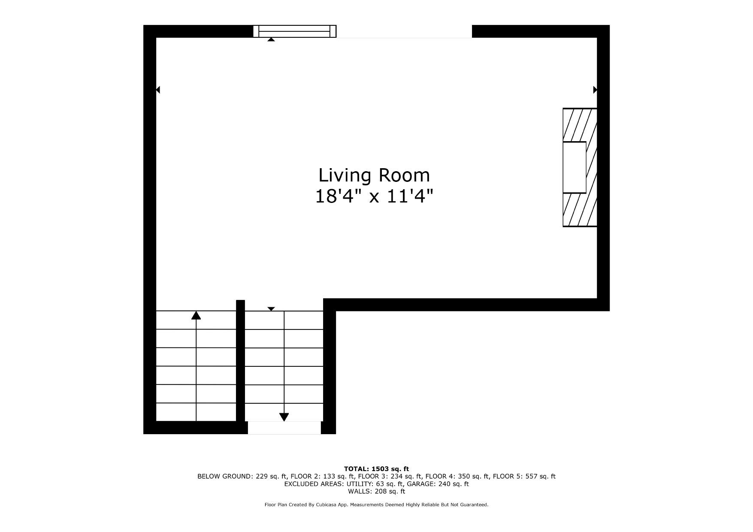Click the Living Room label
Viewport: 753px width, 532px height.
[374, 175]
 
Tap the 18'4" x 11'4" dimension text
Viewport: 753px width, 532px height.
[374, 196]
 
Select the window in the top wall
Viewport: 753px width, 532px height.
[295, 31]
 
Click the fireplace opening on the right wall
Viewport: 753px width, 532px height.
[575, 167]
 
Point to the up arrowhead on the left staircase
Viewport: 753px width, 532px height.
[196, 315]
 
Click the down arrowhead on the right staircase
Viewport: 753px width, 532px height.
[284, 417]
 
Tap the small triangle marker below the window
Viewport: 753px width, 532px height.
[271, 39]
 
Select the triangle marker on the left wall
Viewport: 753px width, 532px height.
[158, 90]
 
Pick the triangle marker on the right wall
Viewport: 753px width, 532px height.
[595, 90]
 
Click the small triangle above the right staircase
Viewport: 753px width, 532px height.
[271, 309]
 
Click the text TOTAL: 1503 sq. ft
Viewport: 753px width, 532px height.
[376, 469]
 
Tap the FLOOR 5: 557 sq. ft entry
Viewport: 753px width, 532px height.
[524, 476]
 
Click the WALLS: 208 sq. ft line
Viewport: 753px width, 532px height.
[376, 492]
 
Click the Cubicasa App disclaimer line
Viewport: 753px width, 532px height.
[376, 505]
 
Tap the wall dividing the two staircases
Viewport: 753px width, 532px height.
[241, 360]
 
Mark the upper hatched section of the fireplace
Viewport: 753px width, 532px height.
[580, 125]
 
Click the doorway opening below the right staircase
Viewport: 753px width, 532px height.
[284, 428]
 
